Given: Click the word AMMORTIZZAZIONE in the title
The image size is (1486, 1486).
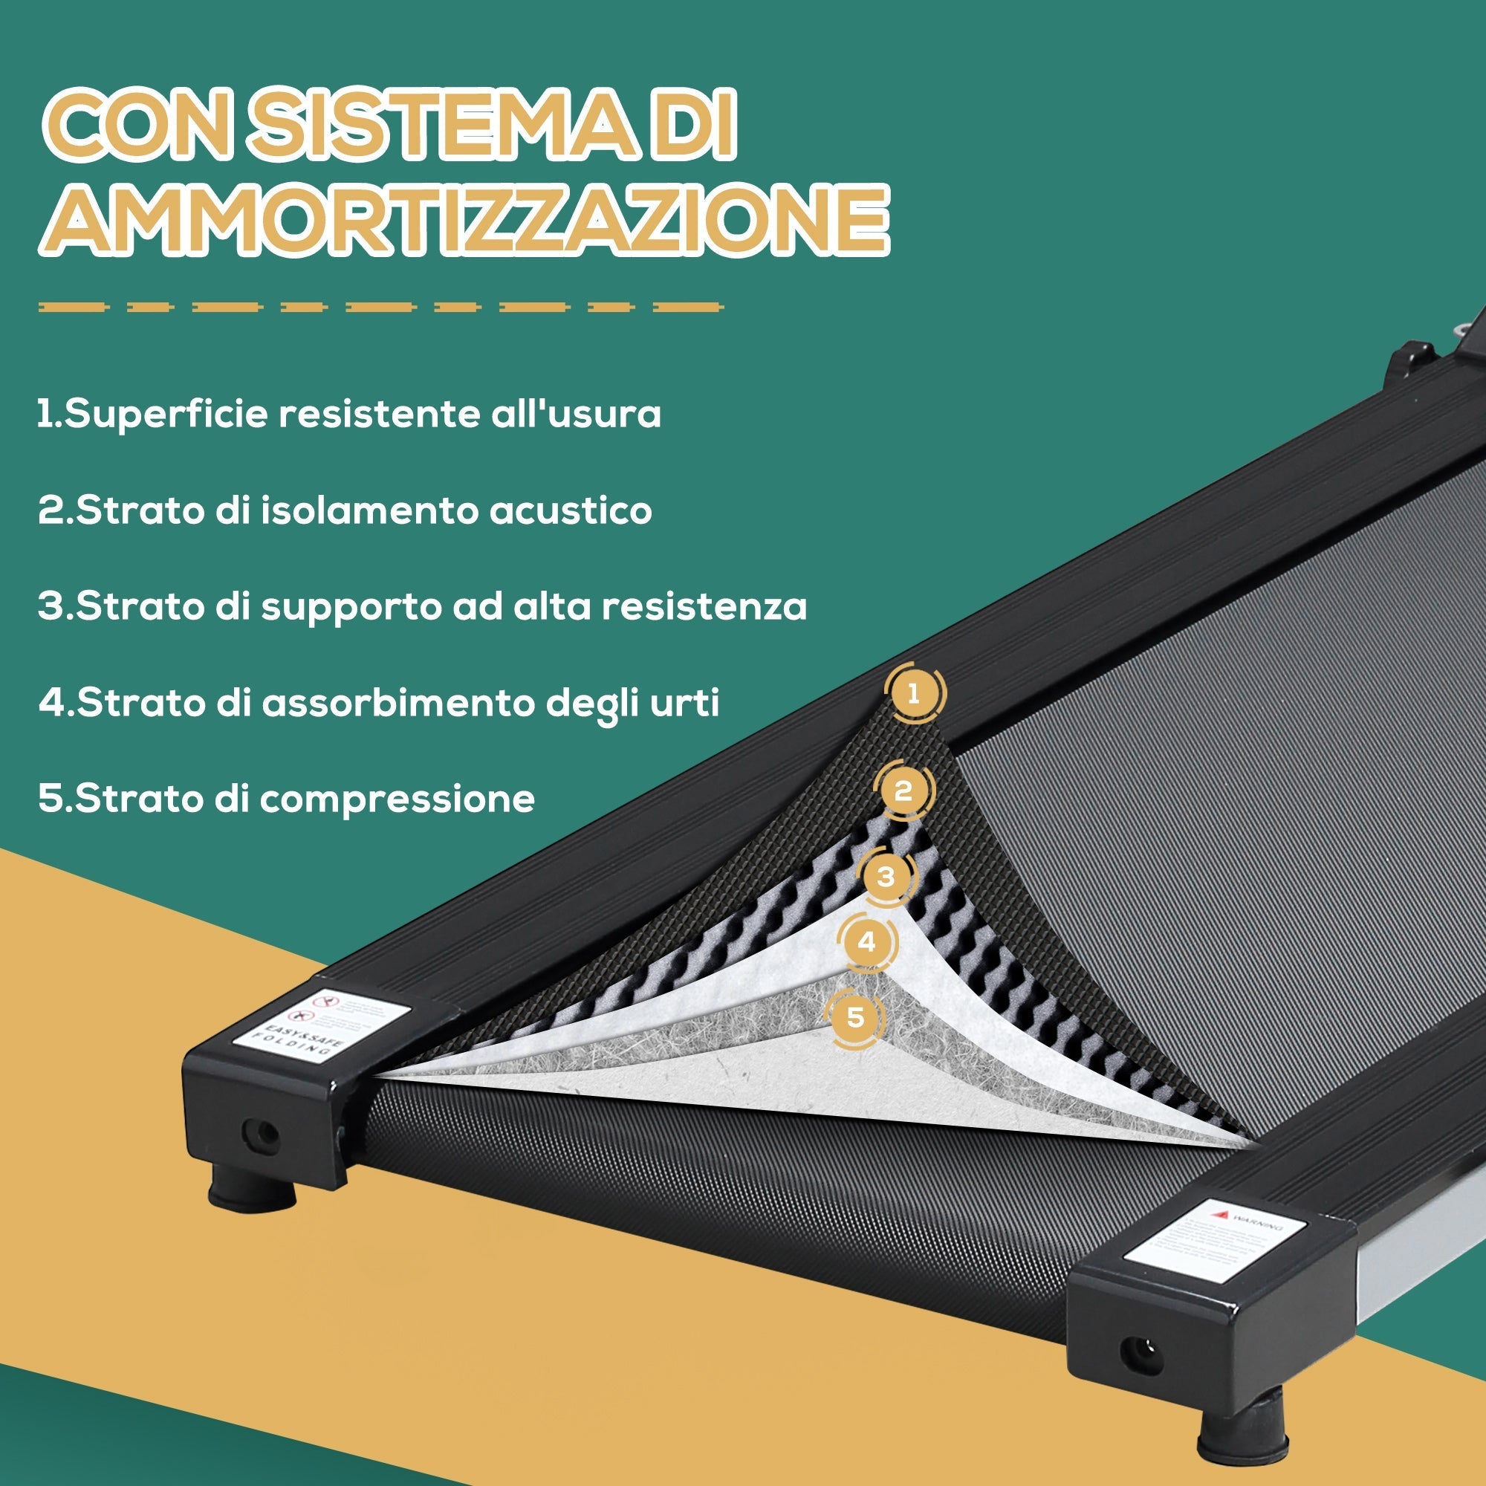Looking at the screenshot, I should pyautogui.click(x=464, y=219).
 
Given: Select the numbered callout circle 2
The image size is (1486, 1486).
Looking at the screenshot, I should pyautogui.click(x=903, y=790).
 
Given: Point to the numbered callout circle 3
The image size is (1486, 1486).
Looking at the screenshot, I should pyautogui.click(x=886, y=877).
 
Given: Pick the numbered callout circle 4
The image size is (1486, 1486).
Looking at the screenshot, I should pyautogui.click(x=868, y=942).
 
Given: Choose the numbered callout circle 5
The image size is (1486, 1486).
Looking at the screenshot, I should pyautogui.click(x=855, y=1018).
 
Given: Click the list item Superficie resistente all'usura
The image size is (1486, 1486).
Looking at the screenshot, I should pyautogui.click(x=350, y=415).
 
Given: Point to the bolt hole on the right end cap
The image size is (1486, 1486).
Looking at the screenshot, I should pyautogui.click(x=1141, y=1355).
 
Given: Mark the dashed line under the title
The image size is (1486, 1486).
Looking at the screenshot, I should pyautogui.click(x=380, y=307).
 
